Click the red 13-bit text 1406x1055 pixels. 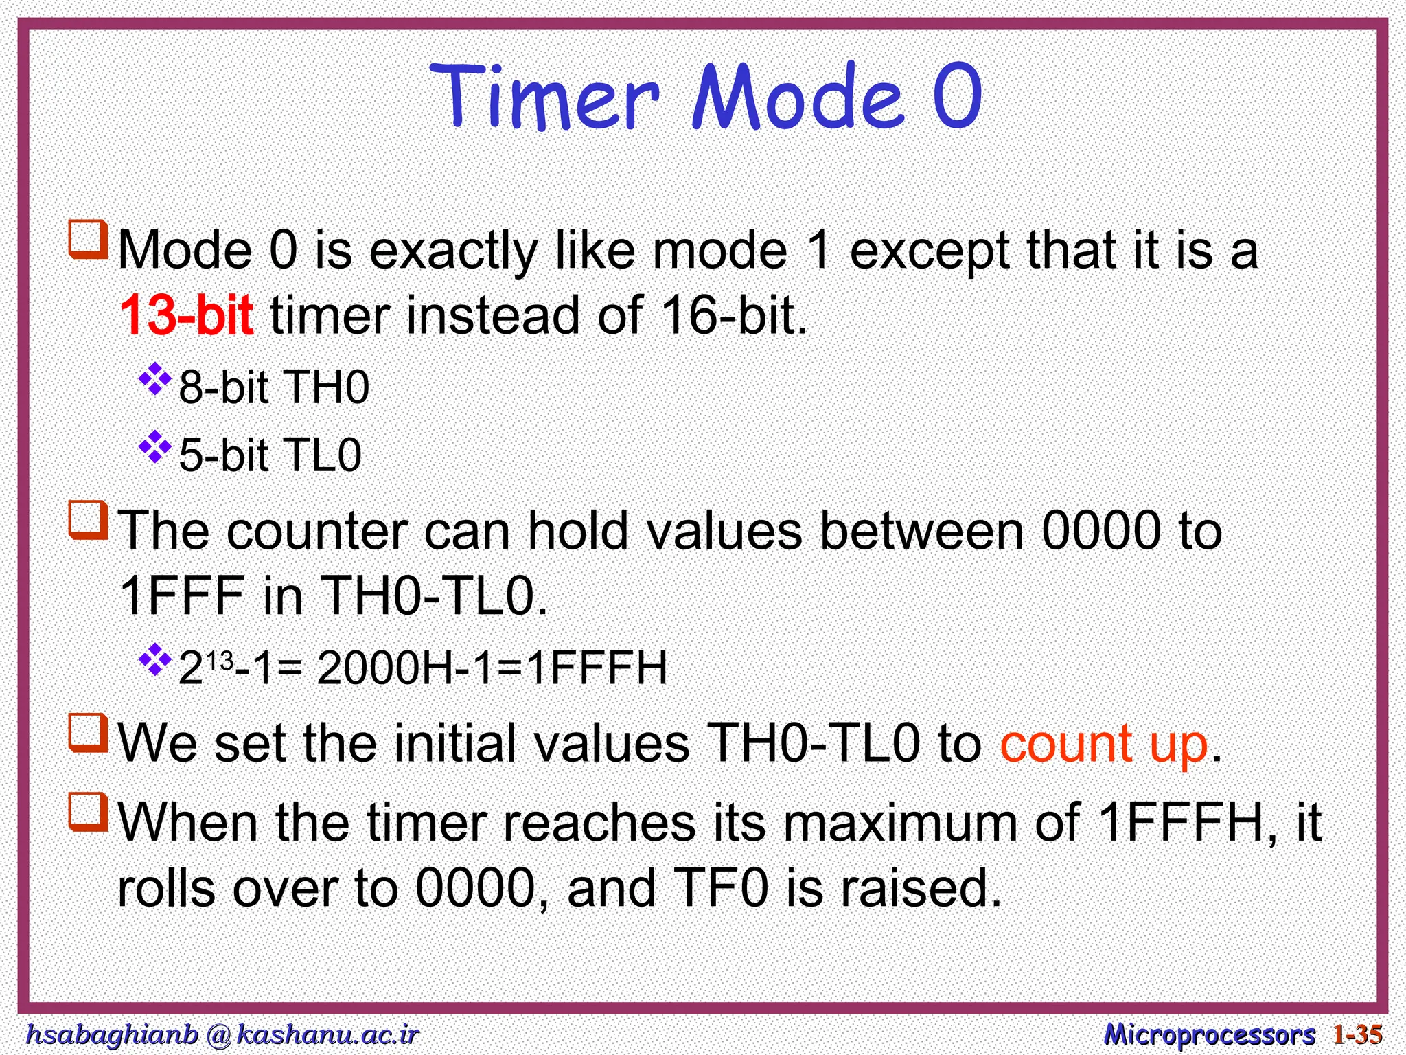pyautogui.click(x=187, y=315)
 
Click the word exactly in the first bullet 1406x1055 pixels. pyautogui.click(x=454, y=251)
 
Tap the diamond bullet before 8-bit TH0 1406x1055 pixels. pyautogui.click(x=155, y=379)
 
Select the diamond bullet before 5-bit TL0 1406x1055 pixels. pyautogui.click(x=155, y=447)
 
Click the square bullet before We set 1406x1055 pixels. pyautogui.click(x=89, y=734)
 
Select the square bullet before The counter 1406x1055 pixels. pyautogui.click(x=89, y=521)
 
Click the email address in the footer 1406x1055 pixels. pyautogui.click(x=221, y=1034)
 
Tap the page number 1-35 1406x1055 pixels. pyautogui.click(x=1357, y=1034)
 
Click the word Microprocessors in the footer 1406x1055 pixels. pyautogui.click(x=1208, y=1034)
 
